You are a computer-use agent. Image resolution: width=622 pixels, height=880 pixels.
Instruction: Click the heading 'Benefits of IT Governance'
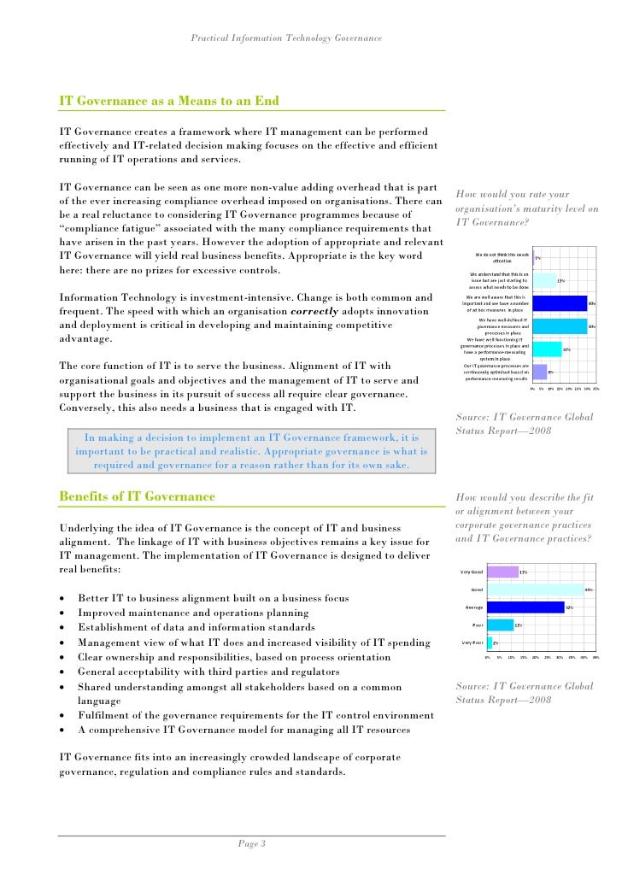(x=137, y=496)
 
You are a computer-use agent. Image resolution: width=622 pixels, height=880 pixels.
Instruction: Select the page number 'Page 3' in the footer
(x=252, y=844)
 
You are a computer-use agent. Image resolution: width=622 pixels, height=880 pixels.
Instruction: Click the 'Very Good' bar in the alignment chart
(x=502, y=572)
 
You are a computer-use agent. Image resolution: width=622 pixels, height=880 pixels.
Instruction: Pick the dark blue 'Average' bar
(x=525, y=607)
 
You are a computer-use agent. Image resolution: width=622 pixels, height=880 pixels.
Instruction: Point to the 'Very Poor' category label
(x=472, y=642)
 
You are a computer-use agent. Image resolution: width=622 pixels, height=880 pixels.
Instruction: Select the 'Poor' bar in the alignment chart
(x=500, y=625)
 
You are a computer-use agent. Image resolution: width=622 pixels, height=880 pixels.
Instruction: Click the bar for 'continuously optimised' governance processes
(x=540, y=372)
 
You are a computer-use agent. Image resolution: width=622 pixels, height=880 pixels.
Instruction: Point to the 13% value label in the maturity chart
(x=560, y=279)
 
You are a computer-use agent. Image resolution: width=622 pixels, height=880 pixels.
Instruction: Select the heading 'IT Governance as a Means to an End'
(x=168, y=100)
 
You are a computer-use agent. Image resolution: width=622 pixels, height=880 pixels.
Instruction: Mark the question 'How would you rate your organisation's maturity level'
(x=527, y=208)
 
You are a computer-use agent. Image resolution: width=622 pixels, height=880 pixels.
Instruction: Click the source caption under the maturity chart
(x=513, y=424)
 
